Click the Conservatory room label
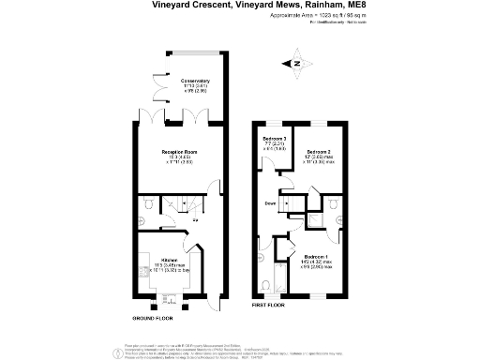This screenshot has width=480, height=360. click(x=195, y=82)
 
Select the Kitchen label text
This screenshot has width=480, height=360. click(x=170, y=260)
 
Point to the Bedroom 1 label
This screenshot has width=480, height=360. click(x=317, y=257)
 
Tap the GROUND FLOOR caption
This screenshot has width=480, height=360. click(x=152, y=319)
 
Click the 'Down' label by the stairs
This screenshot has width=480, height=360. click(x=269, y=202)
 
